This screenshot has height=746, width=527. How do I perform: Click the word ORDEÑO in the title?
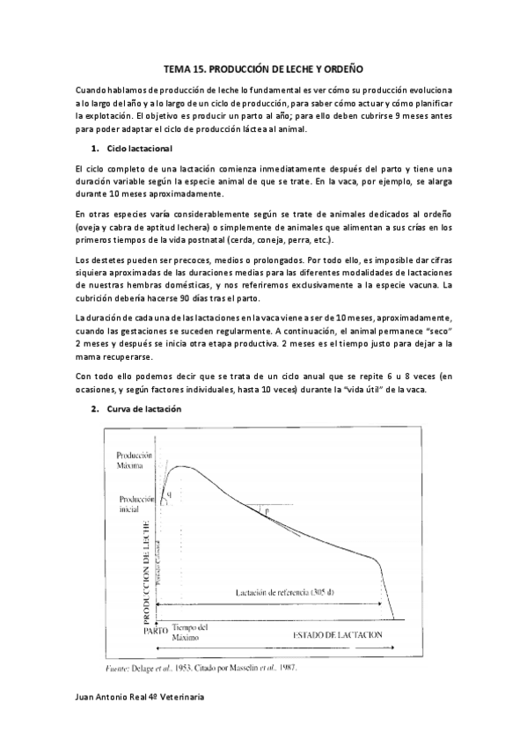pos(339,68)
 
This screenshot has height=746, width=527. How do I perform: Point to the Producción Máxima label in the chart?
pos(135,461)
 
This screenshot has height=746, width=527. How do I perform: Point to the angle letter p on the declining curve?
pos(267,511)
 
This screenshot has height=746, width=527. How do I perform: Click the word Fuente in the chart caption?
pos(117,668)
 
